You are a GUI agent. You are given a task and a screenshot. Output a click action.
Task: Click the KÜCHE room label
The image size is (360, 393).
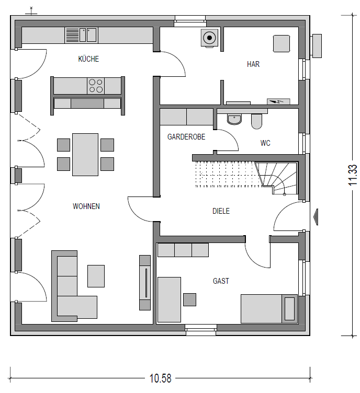click(88, 59)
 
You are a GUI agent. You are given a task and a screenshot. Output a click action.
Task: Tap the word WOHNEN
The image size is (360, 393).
click(86, 206)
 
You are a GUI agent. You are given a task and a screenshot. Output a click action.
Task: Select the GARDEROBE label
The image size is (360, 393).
click(186, 137)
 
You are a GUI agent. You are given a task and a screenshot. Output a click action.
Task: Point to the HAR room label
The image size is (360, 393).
click(253, 64)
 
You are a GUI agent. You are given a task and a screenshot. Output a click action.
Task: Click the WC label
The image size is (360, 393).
click(265, 143)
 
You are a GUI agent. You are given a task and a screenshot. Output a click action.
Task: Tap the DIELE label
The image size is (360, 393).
click(221, 211)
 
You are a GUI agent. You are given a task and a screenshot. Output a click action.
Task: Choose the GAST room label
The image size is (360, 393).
click(221, 281)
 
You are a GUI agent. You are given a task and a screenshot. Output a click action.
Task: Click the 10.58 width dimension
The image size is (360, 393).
click(160, 378)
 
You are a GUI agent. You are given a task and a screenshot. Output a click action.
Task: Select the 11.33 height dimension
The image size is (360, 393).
click(353, 175)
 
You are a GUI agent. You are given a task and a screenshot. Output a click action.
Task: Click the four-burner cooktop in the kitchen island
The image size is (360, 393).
click(96, 86)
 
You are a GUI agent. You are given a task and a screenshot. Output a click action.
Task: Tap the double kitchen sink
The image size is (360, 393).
click(88, 35)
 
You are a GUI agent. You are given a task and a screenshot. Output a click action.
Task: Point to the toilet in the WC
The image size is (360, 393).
click(256, 121)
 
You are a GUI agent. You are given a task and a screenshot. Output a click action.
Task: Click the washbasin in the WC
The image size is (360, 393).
click(234, 119)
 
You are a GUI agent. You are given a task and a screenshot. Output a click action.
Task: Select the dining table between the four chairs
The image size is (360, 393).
click(85, 155)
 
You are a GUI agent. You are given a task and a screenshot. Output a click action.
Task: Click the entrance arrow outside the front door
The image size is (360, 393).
click(316, 217)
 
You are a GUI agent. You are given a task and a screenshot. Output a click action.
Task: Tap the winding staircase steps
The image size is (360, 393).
click(276, 178)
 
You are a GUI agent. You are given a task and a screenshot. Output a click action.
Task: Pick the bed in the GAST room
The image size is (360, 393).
click(269, 309)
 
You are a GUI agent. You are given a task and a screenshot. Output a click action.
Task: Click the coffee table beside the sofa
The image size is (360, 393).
click(96, 276)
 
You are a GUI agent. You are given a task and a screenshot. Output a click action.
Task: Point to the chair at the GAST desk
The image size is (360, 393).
click(189, 299)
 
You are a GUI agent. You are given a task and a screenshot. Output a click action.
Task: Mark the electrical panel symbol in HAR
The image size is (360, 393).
click(278, 101)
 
